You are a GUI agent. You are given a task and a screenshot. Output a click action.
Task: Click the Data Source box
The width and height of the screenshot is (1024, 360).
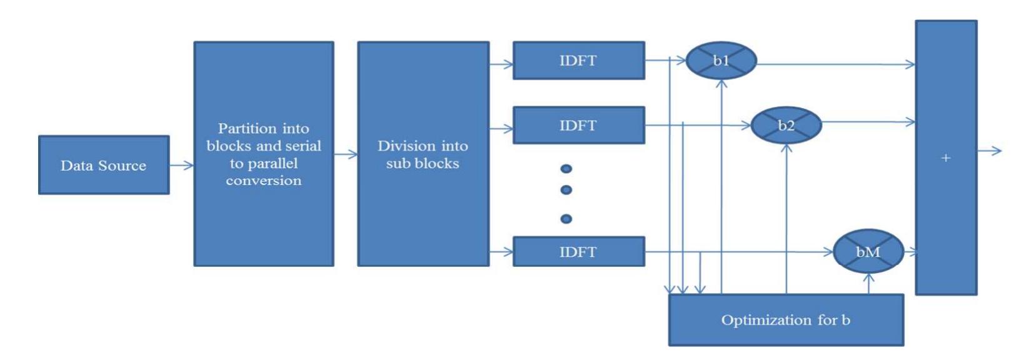tap(104, 165)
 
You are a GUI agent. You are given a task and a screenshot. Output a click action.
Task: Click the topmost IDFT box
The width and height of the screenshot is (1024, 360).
tap(578, 61)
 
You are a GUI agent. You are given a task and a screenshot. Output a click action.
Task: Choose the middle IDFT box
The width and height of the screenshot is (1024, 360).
tap(578, 125)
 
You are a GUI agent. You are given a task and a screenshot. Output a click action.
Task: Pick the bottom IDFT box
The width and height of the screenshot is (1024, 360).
tap(578, 252)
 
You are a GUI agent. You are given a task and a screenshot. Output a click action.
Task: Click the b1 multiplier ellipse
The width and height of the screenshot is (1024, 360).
tap(721, 61)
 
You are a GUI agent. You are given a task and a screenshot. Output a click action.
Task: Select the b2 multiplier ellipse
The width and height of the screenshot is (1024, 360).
tap(786, 125)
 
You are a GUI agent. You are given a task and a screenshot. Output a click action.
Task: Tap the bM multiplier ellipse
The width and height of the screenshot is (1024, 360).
tap(868, 251)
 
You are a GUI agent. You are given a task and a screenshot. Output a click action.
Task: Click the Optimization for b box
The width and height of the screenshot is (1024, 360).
tap(786, 320)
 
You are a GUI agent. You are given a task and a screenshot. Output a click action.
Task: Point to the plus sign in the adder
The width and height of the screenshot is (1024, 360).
tap(946, 158)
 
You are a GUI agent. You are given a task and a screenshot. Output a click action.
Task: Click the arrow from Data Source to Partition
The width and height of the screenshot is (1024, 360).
tap(182, 165)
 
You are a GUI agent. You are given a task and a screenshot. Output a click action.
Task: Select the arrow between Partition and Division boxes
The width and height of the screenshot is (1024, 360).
tap(346, 154)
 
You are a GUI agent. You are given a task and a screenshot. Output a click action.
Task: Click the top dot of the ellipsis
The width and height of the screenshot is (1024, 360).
tap(566, 169)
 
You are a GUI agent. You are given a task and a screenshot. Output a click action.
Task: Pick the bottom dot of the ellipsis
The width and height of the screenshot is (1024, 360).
tap(566, 219)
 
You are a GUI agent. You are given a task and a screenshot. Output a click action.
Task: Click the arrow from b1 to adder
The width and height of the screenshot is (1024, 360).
tap(838, 64)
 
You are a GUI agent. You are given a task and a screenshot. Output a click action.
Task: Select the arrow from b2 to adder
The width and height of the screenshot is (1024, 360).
tap(869, 122)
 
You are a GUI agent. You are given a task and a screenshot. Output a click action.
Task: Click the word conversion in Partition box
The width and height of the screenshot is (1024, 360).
tap(263, 181)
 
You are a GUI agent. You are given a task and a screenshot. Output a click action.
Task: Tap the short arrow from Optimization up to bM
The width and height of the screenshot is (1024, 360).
tap(869, 284)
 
